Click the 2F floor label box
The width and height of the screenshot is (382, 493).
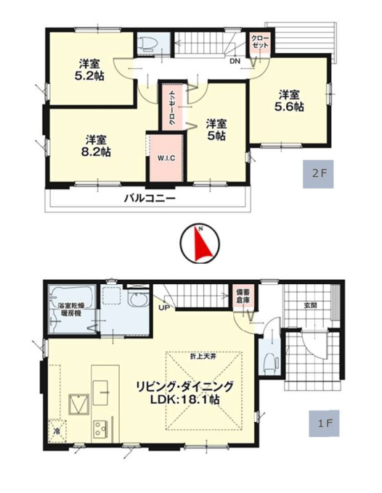[318, 174]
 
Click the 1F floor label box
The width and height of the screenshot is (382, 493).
[324, 423]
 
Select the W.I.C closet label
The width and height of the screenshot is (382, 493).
[166, 158]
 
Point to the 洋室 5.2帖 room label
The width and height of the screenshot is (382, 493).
[91, 70]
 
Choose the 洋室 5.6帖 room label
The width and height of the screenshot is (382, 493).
[289, 101]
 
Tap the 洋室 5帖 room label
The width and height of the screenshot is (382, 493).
[216, 129]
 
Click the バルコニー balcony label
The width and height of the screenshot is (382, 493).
[150, 199]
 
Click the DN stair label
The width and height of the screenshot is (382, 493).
[235, 62]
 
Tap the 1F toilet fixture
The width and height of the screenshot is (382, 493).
[271, 362]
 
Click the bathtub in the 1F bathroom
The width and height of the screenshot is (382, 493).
[71, 297]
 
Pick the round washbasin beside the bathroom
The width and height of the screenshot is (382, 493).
[138, 300]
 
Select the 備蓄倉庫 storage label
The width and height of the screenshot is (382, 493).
[243, 297]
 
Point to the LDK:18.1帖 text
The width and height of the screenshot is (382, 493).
[184, 399]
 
